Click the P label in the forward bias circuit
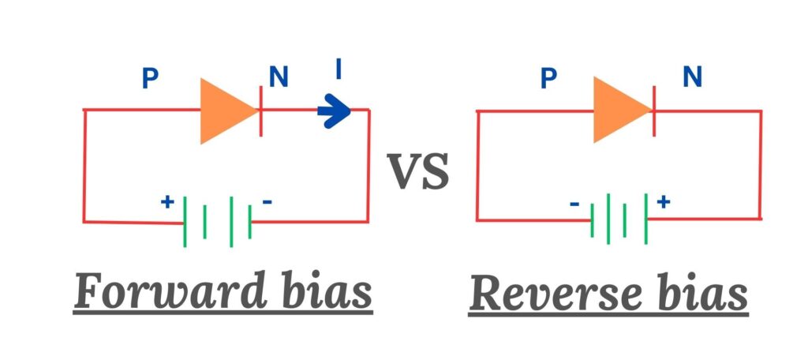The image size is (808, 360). [x=149, y=78]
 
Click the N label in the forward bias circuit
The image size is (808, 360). [x=279, y=77]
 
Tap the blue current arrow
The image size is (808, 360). [x=334, y=113]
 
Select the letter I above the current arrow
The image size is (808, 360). [x=338, y=70]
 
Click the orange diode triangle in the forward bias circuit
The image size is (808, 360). [x=226, y=111]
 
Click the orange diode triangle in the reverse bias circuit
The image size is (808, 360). [x=619, y=111]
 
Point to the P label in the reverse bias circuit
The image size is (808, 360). [x=549, y=78]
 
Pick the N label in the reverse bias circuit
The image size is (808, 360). [x=692, y=77]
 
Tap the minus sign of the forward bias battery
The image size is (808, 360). [x=267, y=202]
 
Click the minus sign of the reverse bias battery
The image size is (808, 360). [x=574, y=204]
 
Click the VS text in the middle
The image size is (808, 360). [x=418, y=171]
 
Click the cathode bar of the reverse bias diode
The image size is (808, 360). [x=654, y=111]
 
